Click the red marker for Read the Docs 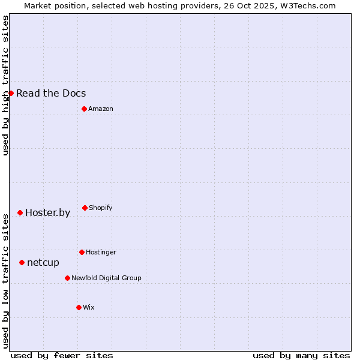11,93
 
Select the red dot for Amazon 84,109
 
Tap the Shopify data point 85,208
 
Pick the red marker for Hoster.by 20,212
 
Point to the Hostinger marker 82,252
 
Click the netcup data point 22,262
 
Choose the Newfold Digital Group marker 67,278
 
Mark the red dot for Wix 79,307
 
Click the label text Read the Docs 51,93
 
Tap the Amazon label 101,109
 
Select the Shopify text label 101,208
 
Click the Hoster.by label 47,212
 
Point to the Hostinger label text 101,252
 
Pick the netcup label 43,262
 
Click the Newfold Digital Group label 106,278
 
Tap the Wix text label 89,307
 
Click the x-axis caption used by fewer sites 62,355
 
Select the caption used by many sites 301,355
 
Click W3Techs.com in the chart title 307,5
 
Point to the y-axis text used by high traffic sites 5,85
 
